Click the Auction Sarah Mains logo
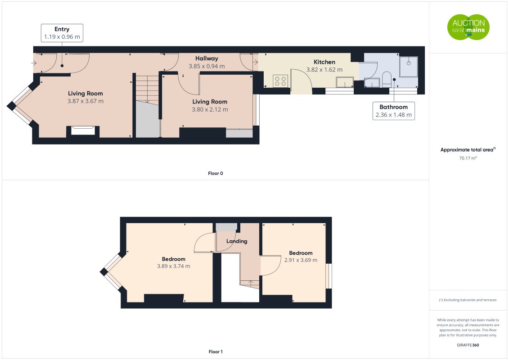(468, 27)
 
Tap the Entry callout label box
(62, 33)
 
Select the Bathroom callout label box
(393, 111)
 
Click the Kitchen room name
(324, 62)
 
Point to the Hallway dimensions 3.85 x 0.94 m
(207, 66)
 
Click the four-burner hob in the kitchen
(280, 81)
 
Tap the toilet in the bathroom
(387, 80)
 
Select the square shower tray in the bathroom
(408, 67)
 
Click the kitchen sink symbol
(345, 82)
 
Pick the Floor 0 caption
(216, 173)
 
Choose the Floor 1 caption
(216, 351)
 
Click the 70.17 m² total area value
(468, 158)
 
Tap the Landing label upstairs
(237, 241)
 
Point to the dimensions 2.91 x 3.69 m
(301, 260)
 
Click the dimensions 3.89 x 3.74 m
(173, 266)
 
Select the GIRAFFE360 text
(468, 345)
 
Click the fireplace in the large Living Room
(83, 130)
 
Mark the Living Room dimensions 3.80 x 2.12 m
(210, 110)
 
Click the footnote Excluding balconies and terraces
(468, 300)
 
